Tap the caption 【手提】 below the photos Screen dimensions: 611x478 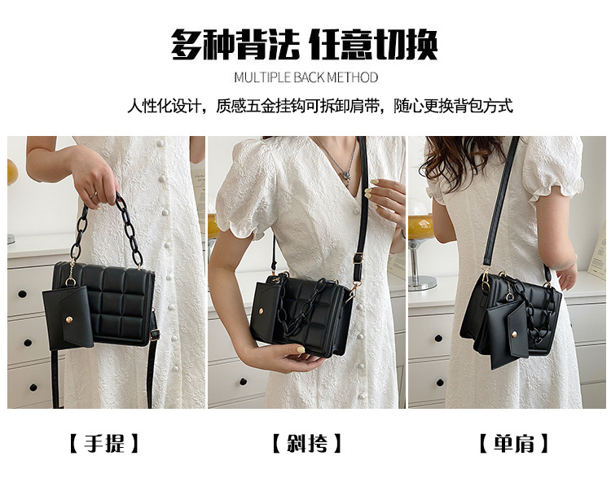[104, 443]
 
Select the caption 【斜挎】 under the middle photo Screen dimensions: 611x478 [306, 443]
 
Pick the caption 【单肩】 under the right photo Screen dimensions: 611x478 [513, 443]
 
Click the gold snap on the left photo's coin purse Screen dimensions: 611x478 [68, 320]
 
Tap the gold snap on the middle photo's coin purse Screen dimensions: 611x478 [261, 310]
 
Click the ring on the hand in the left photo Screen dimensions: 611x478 [92, 194]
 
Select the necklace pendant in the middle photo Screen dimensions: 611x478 [345, 173]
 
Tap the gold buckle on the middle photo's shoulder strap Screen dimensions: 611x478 [358, 257]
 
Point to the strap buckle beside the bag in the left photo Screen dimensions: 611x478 [155, 334]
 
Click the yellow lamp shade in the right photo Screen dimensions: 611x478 [421, 226]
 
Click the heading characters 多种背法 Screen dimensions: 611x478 [235, 44]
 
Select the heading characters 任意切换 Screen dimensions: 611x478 [373, 44]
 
